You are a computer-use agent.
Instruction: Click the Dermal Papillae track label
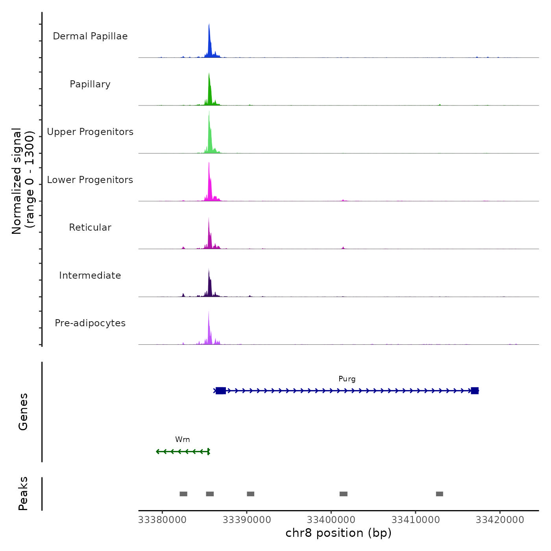click(90, 36)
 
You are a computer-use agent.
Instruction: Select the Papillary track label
click(90, 84)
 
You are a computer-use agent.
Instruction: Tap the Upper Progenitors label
click(90, 132)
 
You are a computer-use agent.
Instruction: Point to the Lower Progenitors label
click(90, 180)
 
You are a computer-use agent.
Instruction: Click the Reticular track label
click(90, 227)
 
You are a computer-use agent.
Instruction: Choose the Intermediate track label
click(90, 275)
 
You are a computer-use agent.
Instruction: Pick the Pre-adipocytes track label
click(90, 323)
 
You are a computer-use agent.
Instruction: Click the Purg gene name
click(347, 379)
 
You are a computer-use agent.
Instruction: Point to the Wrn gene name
click(183, 440)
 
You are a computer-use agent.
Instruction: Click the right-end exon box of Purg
click(475, 391)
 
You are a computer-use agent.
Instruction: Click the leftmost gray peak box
click(183, 494)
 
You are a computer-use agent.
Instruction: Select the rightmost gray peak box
click(440, 494)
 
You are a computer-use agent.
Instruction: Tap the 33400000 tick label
click(331, 520)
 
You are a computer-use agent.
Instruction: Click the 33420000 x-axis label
click(500, 520)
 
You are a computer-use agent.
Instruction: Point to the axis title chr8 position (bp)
click(338, 533)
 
